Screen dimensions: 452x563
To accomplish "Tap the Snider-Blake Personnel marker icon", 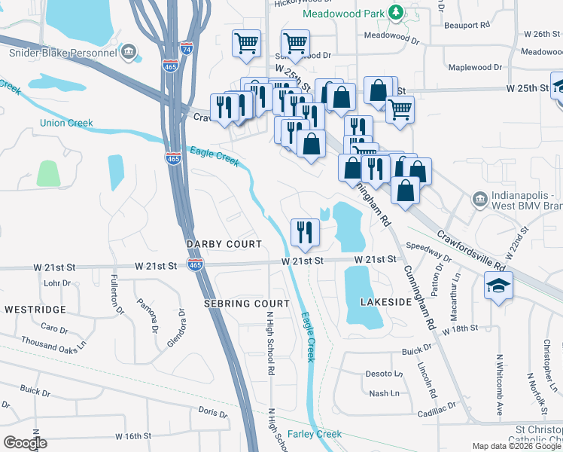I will pyautogui.click(x=129, y=53).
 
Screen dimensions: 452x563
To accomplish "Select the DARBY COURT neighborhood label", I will pyautogui.click(x=224, y=244).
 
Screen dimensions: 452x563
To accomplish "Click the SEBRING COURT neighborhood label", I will pyautogui.click(x=246, y=303).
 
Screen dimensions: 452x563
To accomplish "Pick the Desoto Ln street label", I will pyautogui.click(x=384, y=374).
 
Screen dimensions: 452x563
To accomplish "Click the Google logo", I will pyautogui.click(x=26, y=443).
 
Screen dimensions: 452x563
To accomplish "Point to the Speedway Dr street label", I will pyautogui.click(x=428, y=252).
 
